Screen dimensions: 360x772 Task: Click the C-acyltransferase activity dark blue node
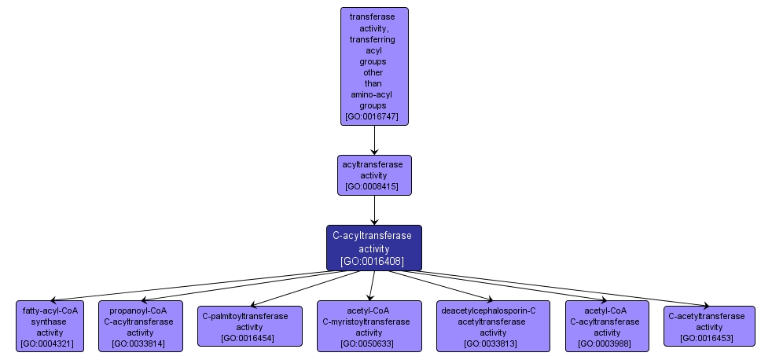[374, 248]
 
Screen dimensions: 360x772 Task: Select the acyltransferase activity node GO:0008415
[374, 175]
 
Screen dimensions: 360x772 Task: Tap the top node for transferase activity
[374, 66]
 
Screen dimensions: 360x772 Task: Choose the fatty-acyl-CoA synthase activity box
[50, 326]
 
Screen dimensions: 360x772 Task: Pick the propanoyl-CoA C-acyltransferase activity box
[140, 326]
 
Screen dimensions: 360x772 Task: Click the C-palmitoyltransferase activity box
[249, 326]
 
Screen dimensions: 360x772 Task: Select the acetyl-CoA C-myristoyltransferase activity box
[366, 326]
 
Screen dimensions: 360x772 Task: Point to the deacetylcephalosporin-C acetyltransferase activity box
[493, 326]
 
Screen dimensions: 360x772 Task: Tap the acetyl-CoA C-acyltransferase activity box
[607, 326]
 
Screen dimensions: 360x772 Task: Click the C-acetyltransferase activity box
[709, 326]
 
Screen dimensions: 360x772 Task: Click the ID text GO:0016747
[374, 116]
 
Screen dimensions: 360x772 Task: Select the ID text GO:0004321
[50, 343]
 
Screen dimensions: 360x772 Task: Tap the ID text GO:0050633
[366, 343]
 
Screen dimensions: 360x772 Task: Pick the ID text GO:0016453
[709, 338]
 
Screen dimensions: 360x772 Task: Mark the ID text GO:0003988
[607, 343]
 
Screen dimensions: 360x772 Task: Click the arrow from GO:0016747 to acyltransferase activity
[374, 139]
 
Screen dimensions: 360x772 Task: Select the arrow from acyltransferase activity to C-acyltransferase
[374, 210]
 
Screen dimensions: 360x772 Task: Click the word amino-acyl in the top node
[371, 94]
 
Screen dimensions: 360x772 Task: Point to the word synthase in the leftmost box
[50, 321]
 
